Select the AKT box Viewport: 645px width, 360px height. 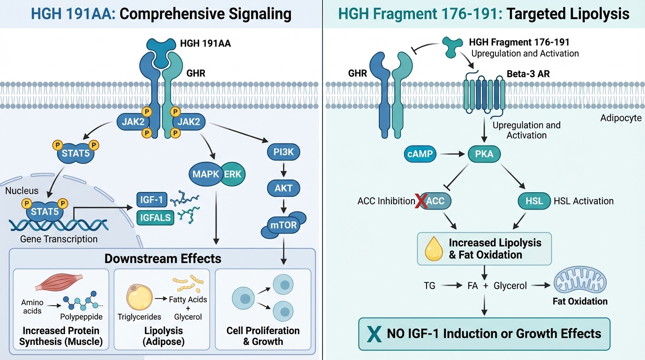(284, 188)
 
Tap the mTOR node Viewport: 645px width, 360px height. (283, 225)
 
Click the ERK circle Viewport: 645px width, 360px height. (233, 174)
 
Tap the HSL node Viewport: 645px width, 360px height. (534, 201)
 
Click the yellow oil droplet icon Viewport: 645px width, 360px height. (434, 248)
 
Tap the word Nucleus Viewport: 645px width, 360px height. (22, 191)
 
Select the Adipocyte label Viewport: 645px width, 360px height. (621, 118)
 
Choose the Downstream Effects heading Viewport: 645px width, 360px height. (163, 258)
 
